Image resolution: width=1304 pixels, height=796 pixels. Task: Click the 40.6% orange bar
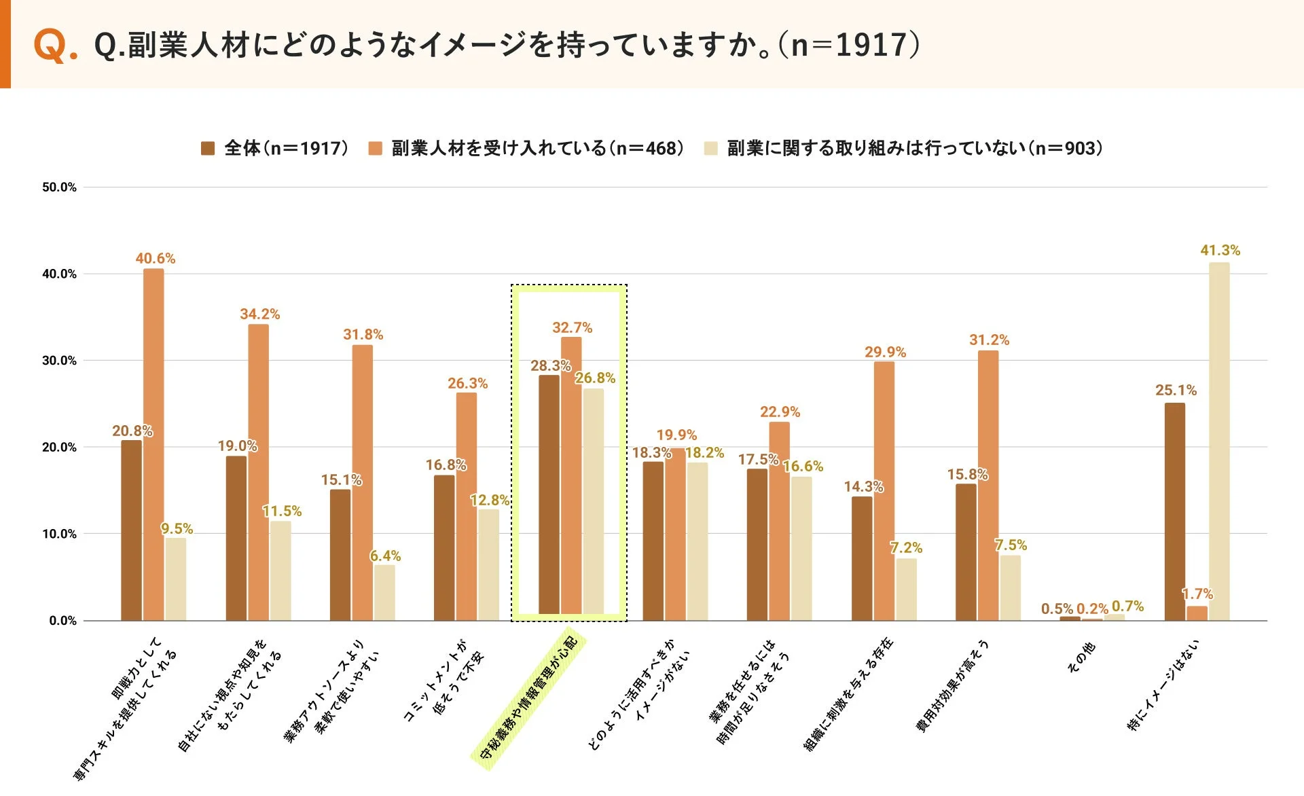click(153, 445)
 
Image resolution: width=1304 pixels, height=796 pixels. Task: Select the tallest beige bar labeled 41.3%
click(1219, 441)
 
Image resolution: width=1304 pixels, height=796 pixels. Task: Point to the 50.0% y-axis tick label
click(59, 187)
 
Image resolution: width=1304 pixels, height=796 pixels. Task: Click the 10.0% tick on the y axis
click(59, 534)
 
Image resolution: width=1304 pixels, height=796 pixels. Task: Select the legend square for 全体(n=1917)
click(208, 148)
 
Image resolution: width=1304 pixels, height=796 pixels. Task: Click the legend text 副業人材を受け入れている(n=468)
click(537, 148)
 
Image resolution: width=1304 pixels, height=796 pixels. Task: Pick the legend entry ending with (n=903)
click(914, 148)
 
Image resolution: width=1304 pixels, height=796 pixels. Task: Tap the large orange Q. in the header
click(54, 46)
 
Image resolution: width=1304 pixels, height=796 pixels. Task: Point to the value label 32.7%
click(572, 327)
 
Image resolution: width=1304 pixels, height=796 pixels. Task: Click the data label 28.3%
click(550, 365)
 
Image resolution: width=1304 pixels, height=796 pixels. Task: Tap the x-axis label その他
click(1081, 657)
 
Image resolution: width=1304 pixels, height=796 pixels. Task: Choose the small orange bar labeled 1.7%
click(1197, 613)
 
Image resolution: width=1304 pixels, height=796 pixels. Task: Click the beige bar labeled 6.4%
click(384, 592)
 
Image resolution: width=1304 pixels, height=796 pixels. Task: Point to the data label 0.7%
click(1127, 606)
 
